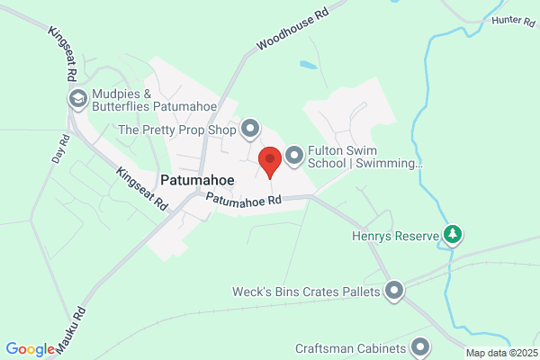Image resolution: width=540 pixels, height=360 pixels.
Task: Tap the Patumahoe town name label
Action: coord(197,180)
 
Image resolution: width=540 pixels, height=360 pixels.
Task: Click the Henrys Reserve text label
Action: coord(392,238)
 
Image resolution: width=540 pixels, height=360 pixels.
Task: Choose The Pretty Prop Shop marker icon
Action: coord(249,130)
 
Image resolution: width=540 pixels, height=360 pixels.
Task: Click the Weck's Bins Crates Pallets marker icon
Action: coord(394,290)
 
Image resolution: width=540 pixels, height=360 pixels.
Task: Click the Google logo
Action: coord(30,349)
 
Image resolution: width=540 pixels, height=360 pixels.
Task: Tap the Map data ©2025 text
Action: coord(500,352)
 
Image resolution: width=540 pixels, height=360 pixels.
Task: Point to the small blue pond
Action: coord(308,66)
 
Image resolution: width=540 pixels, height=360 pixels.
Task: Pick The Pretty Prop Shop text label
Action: coord(176,130)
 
